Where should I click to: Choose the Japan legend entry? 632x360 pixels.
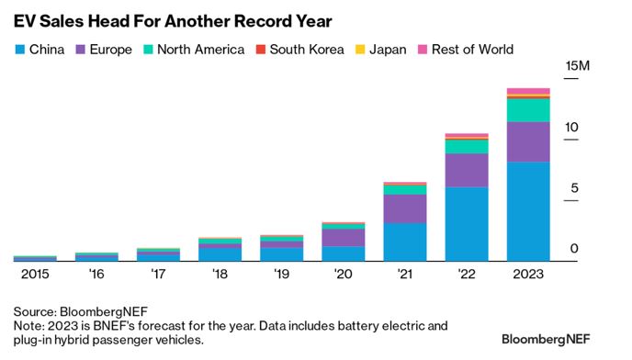click(385, 50)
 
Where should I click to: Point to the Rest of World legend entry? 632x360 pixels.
click(465, 50)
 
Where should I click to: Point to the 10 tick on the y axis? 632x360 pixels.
click(572, 127)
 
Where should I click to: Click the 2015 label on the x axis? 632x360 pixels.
click(35, 274)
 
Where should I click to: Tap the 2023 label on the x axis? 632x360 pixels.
click(528, 274)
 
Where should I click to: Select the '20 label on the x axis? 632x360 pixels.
click(343, 274)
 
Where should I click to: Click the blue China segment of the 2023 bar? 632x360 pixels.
click(528, 211)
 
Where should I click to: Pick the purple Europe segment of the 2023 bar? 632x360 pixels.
click(528, 141)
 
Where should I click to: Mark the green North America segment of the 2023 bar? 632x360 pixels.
click(528, 109)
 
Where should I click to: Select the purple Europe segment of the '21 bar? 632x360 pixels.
click(404, 208)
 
